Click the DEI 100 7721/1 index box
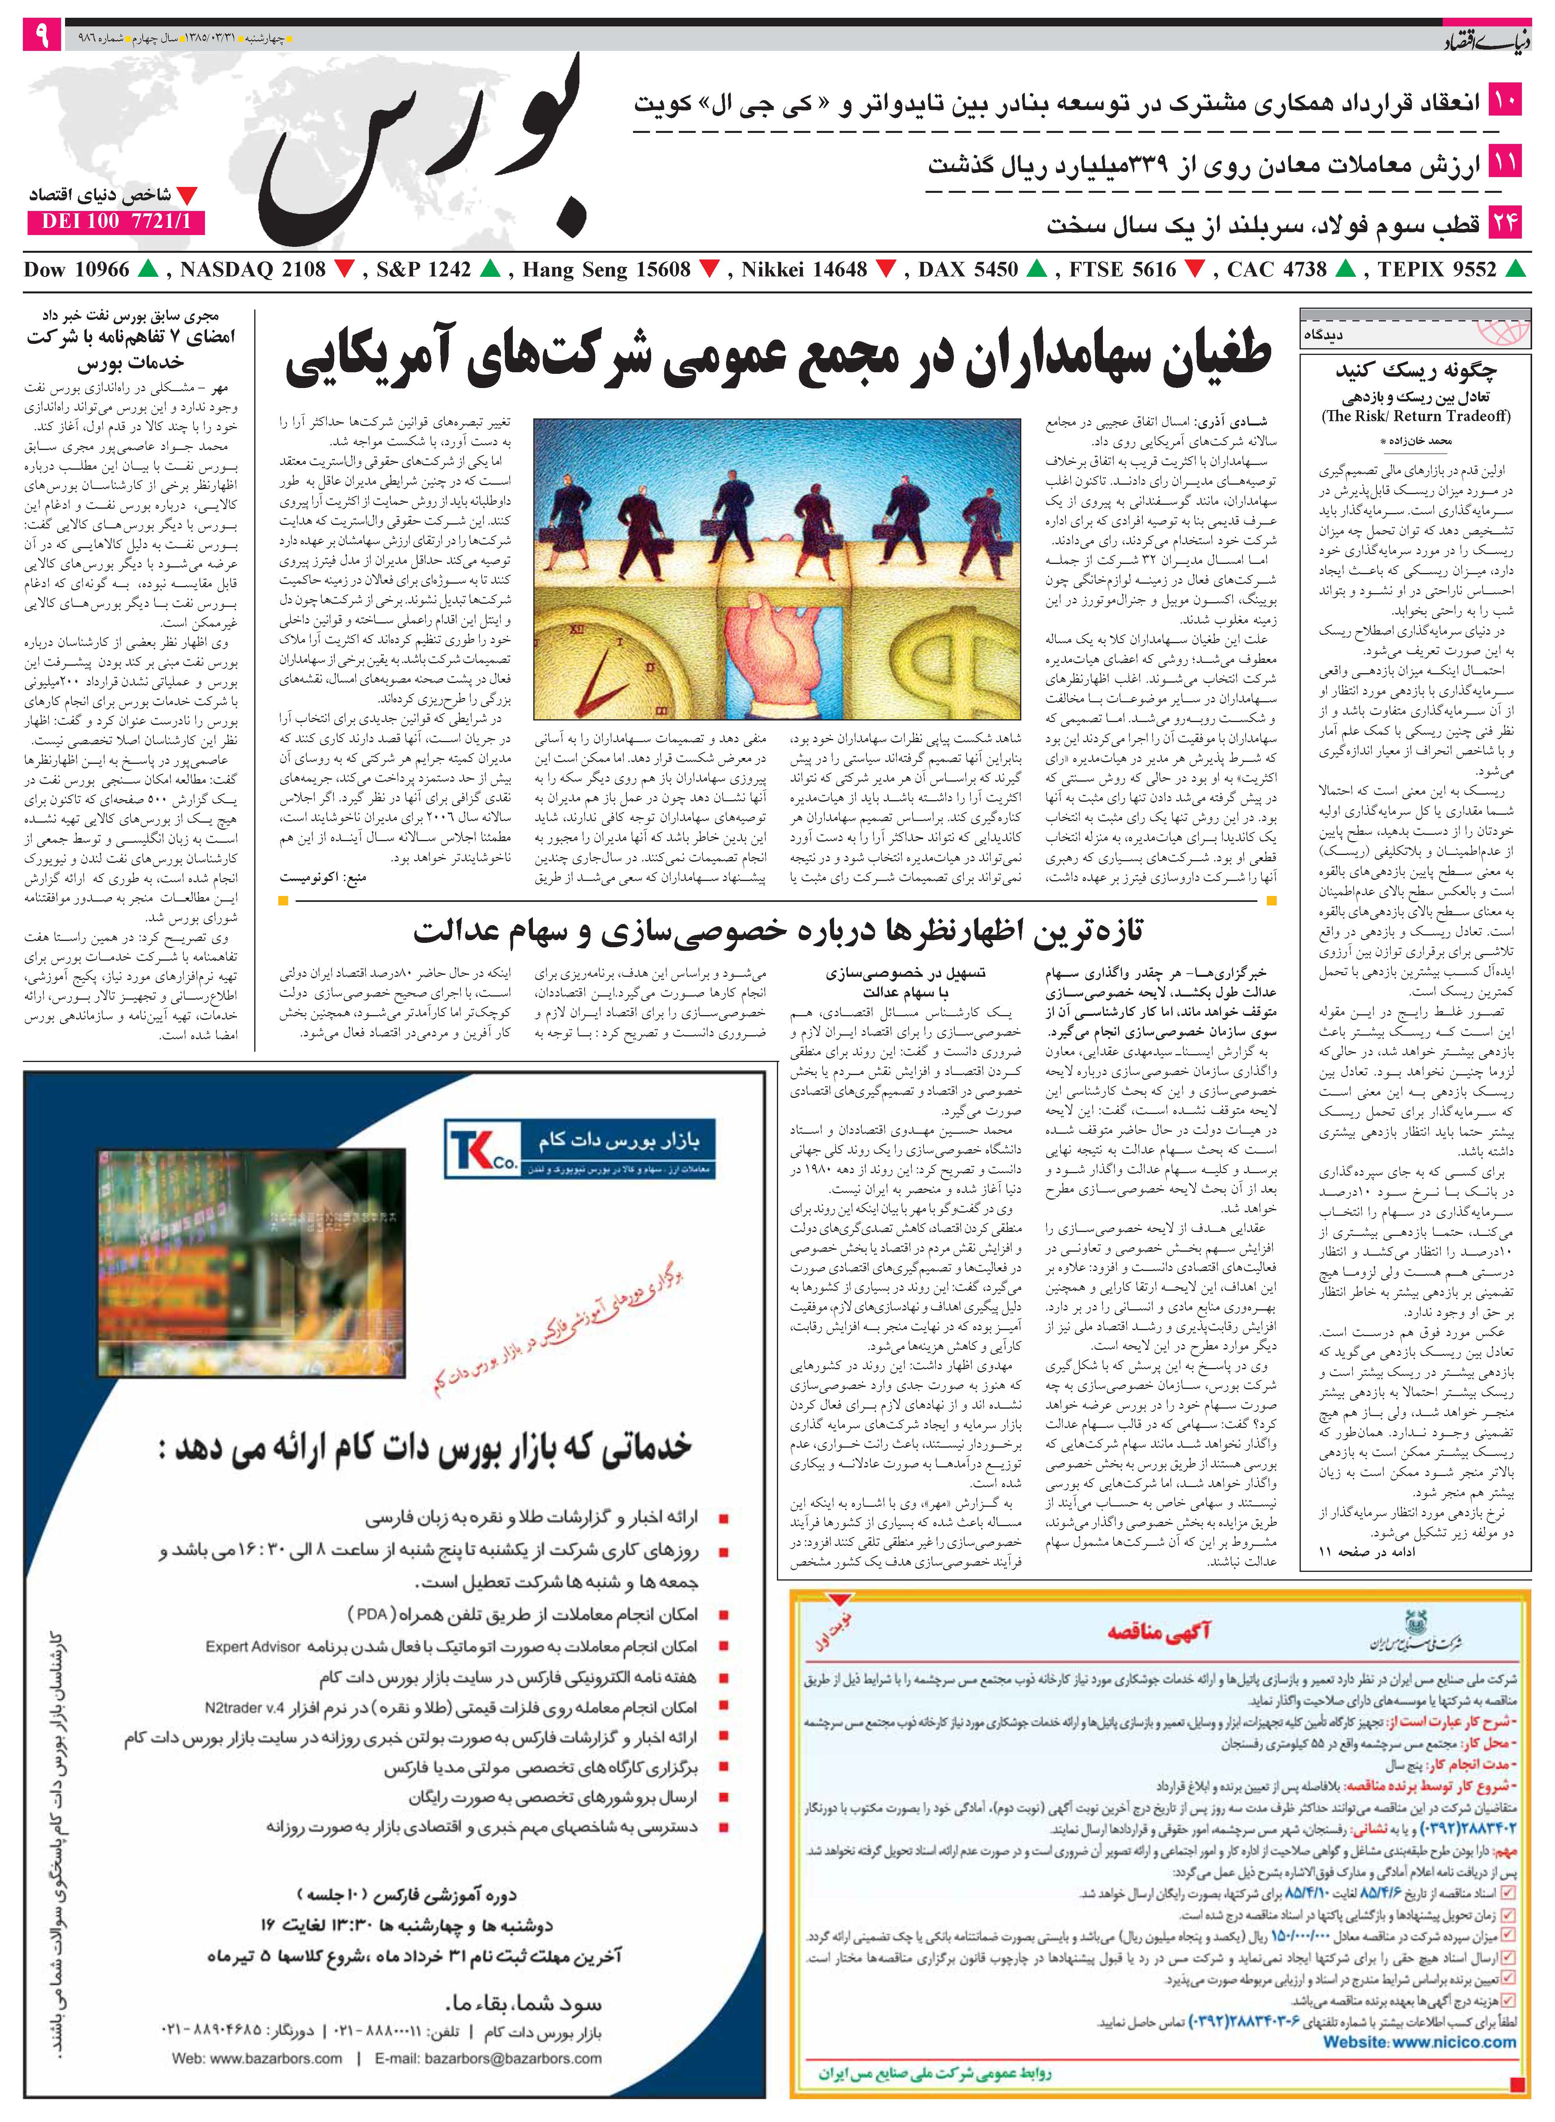click(116, 222)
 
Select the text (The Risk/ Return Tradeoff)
click(1416, 416)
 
